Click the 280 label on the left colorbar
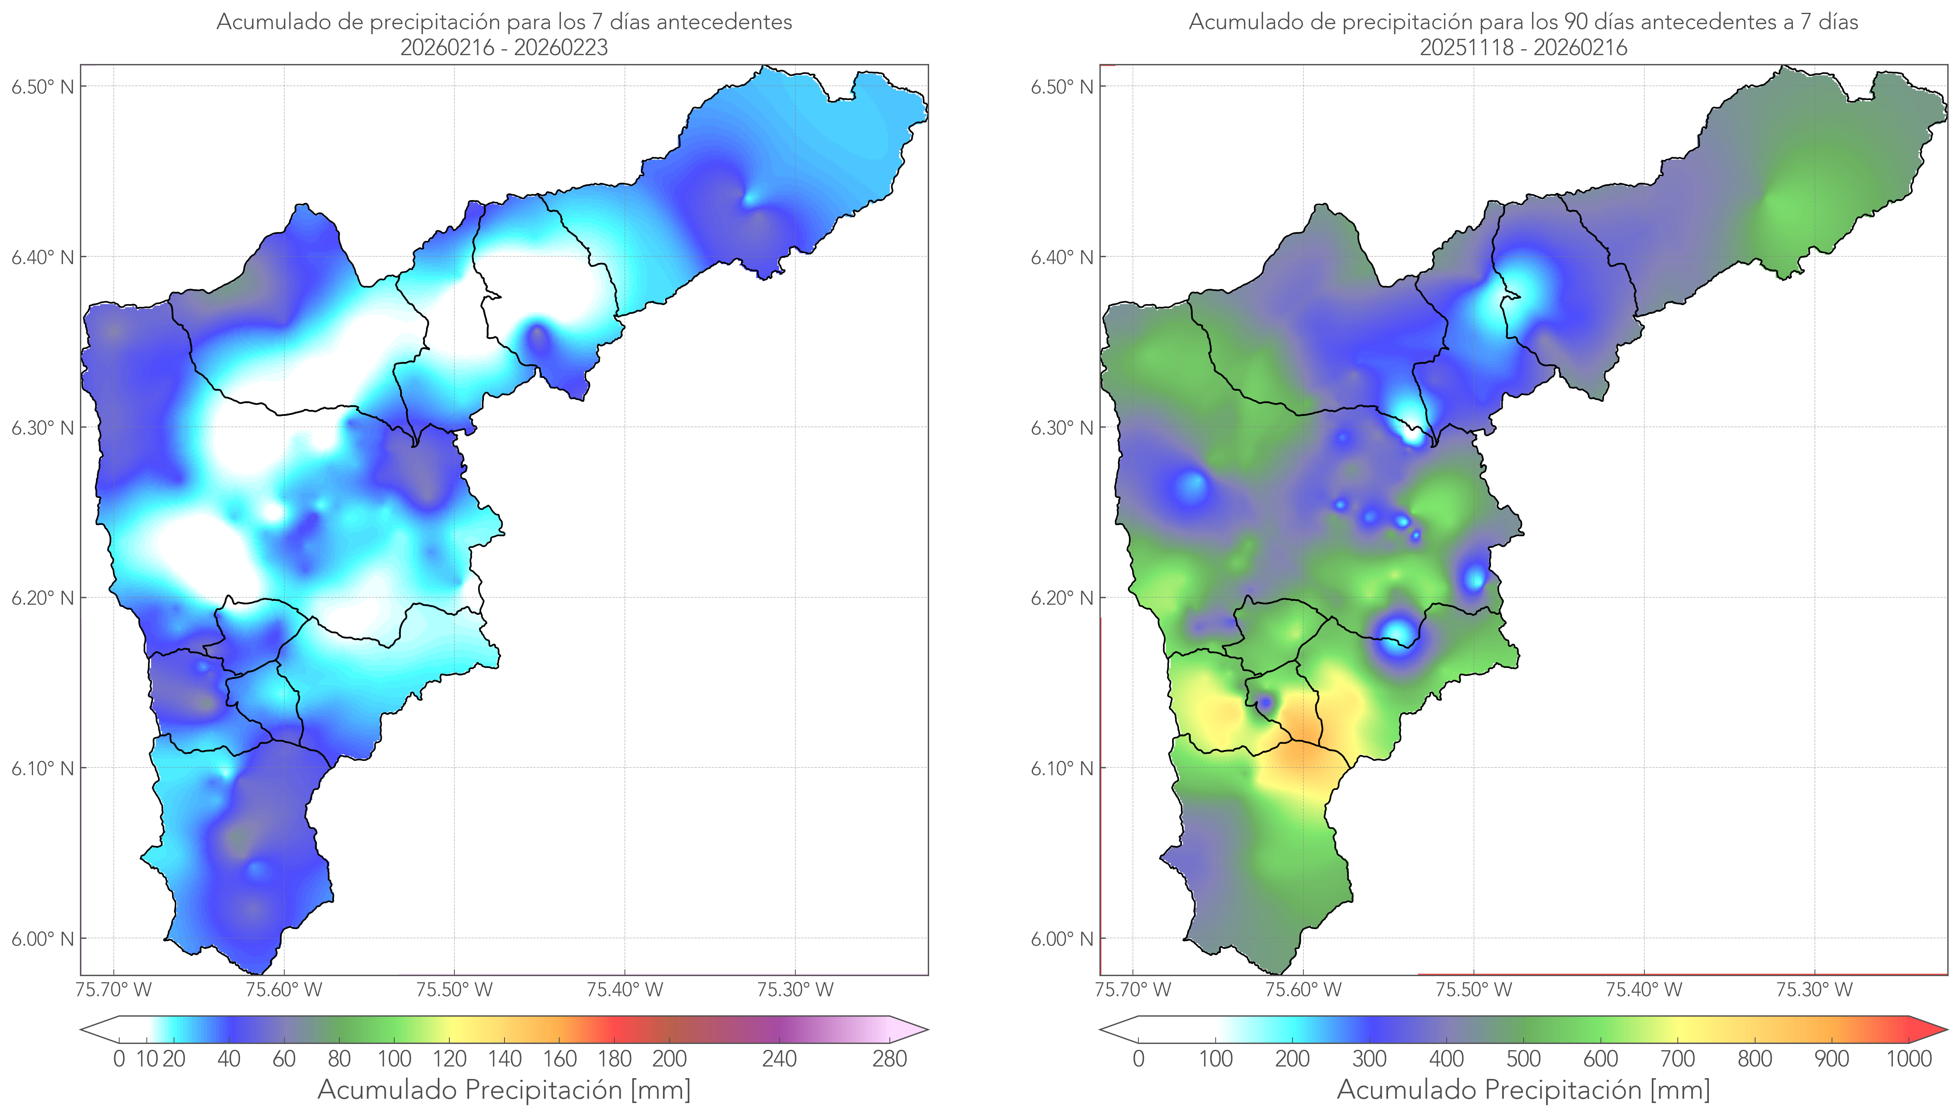[x=890, y=1060]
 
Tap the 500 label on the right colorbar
[x=1523, y=1060]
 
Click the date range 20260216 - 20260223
[x=504, y=47]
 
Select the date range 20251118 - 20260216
[x=1523, y=47]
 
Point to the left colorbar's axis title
[x=504, y=1090]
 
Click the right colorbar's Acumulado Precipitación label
[x=1523, y=1090]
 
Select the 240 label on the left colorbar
[x=779, y=1060]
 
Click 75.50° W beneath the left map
[x=454, y=990]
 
